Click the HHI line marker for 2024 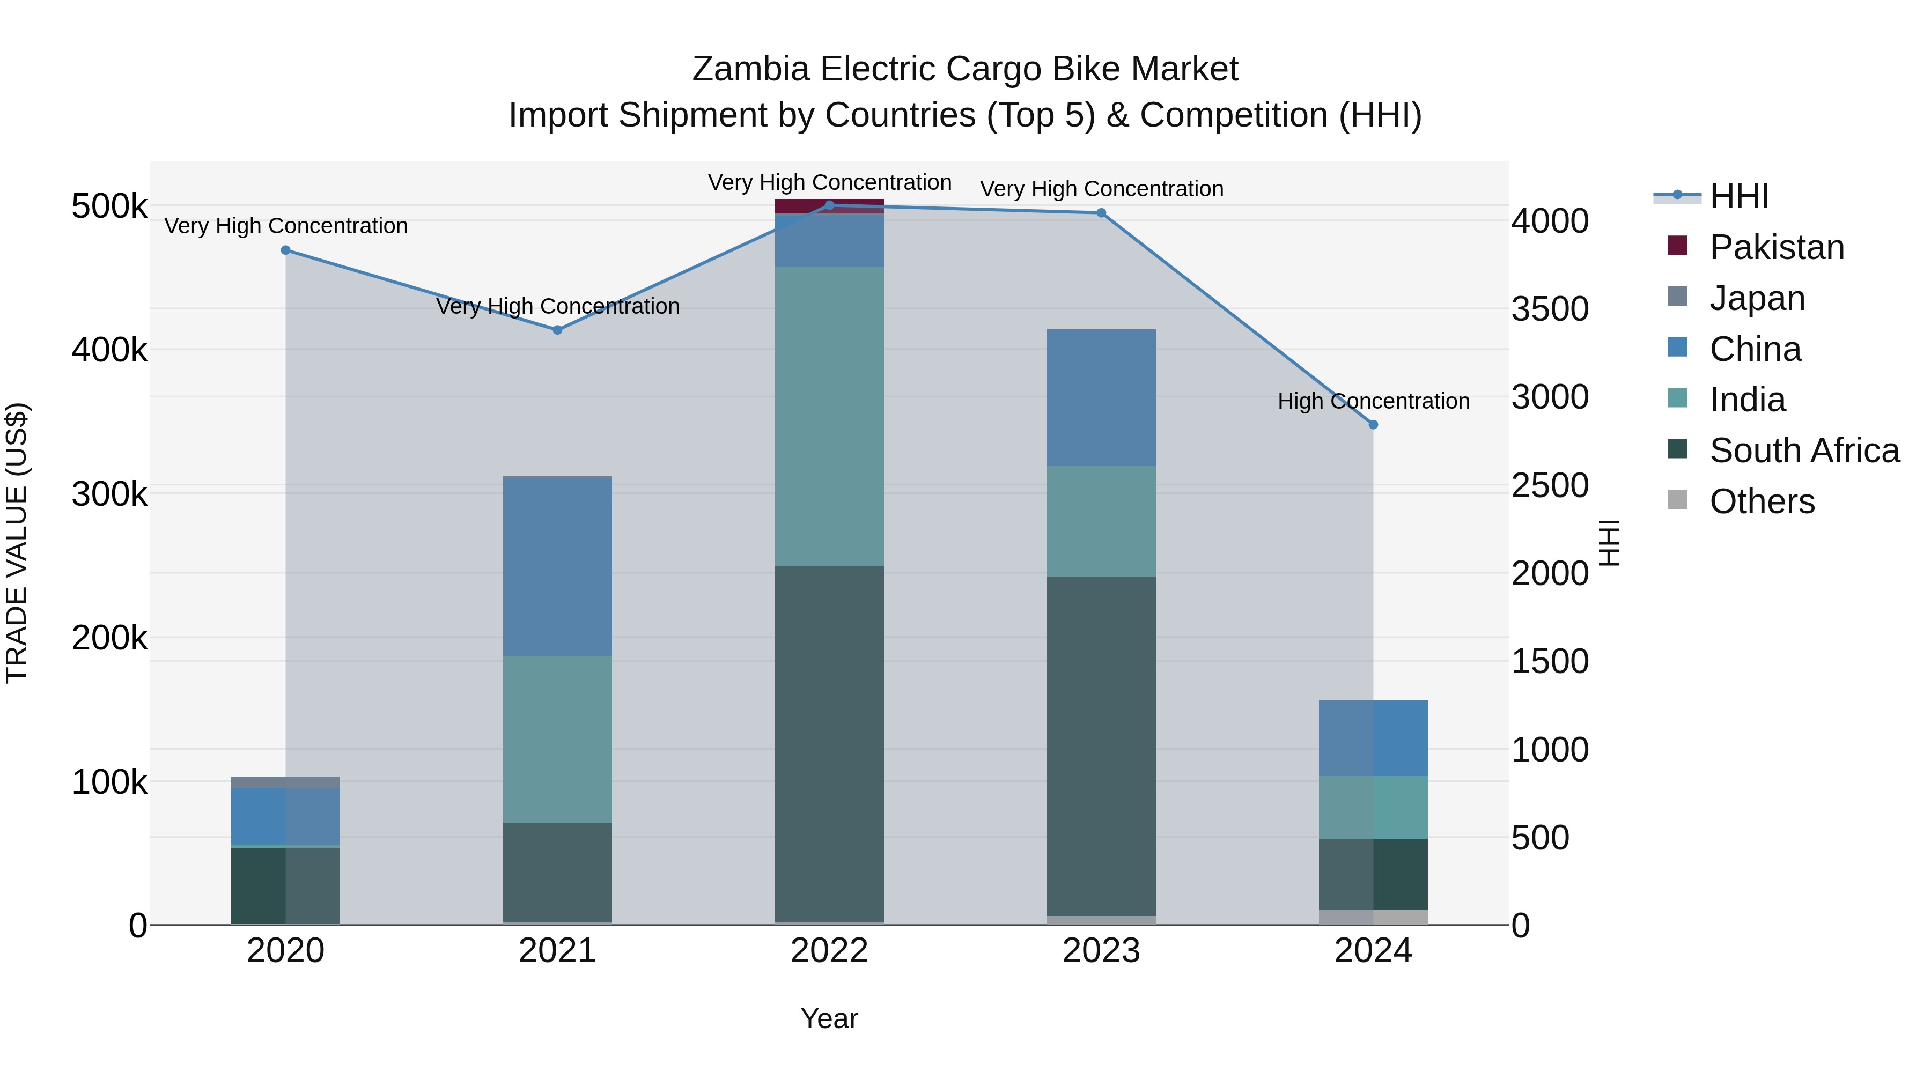pyautogui.click(x=1373, y=424)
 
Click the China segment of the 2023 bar pyautogui.click(x=1101, y=397)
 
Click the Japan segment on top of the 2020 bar pyautogui.click(x=285, y=782)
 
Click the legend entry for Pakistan pyautogui.click(x=1776, y=247)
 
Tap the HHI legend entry pyautogui.click(x=1738, y=196)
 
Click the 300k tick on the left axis pyautogui.click(x=109, y=494)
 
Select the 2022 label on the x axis pyautogui.click(x=829, y=951)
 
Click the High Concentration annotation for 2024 pyautogui.click(x=1373, y=401)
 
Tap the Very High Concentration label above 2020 pyautogui.click(x=285, y=226)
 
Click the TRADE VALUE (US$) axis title pyautogui.click(x=17, y=543)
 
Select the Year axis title pyautogui.click(x=829, y=1018)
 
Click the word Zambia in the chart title pyautogui.click(x=750, y=69)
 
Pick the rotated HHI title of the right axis pyautogui.click(x=1609, y=543)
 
